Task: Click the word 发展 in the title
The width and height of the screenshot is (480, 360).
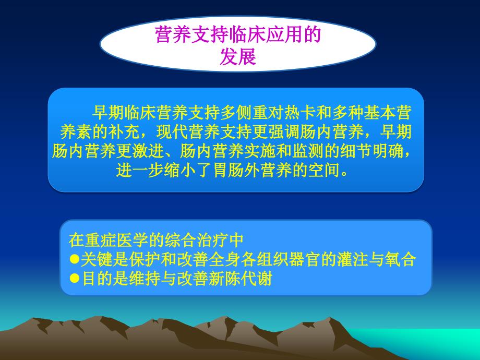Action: pos(238,57)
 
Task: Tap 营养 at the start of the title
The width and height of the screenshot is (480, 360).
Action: pos(173,34)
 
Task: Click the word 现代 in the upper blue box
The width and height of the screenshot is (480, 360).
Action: pos(173,132)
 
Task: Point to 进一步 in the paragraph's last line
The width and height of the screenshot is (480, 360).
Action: pos(140,170)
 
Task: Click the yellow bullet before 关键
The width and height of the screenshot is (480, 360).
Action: pos(75,259)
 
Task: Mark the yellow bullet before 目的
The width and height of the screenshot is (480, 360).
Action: pos(75,278)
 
